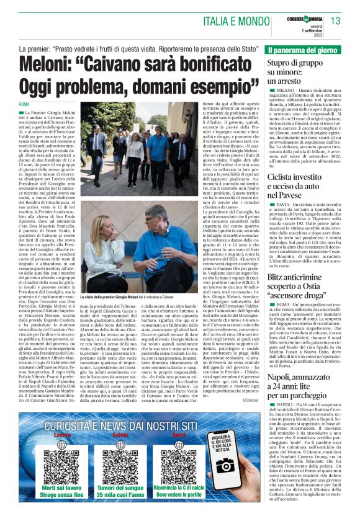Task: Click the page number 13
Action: coord(336,21)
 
